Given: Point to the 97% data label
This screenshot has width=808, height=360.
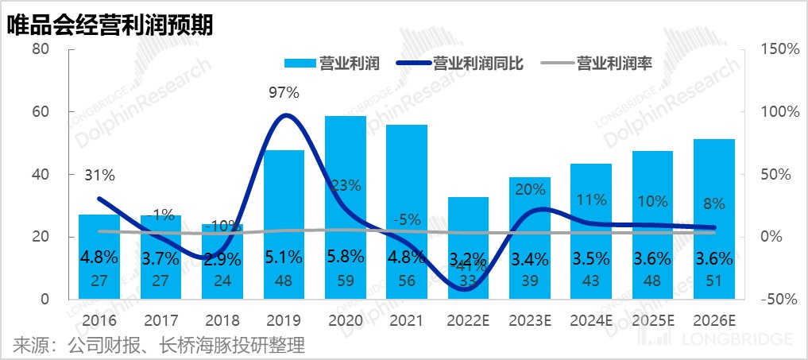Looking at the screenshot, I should (x=284, y=93).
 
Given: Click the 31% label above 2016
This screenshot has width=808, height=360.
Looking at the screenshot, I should (x=100, y=176).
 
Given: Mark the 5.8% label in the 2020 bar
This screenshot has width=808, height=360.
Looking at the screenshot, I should (x=346, y=257).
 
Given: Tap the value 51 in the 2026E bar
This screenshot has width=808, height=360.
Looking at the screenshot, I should (x=713, y=282).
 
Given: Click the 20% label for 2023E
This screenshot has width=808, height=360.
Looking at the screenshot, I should (x=530, y=189).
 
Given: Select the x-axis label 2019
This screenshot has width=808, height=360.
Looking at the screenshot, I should (x=284, y=321).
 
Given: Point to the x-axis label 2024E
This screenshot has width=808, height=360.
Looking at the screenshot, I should (x=591, y=321).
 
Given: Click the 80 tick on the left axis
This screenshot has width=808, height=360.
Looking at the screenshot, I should (x=41, y=49).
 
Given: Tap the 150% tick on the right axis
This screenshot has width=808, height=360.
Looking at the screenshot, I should (x=779, y=49).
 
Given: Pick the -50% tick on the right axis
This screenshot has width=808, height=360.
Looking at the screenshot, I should (x=779, y=300).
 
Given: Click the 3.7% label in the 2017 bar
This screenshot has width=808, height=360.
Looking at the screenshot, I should (x=161, y=257).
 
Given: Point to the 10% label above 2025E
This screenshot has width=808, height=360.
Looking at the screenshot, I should (x=652, y=202).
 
